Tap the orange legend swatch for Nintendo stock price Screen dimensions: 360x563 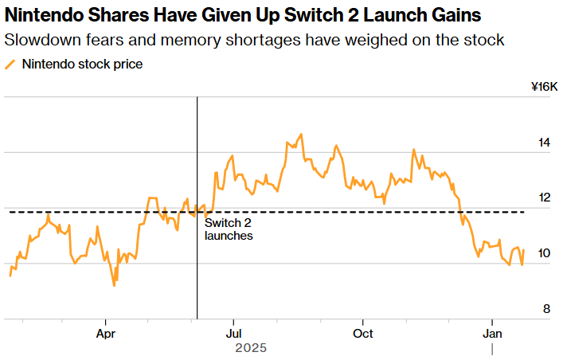10,65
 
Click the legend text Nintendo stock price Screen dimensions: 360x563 83,65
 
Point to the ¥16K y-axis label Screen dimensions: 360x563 544,87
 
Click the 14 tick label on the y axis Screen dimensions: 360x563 544,143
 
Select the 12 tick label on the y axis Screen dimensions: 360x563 544,198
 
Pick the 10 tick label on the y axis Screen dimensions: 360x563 544,253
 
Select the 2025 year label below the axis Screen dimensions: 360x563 251,348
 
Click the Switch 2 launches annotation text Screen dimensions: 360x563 229,229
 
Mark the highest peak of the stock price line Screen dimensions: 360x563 301,135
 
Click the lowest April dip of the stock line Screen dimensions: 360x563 115,285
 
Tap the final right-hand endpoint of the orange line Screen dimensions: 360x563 524,250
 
